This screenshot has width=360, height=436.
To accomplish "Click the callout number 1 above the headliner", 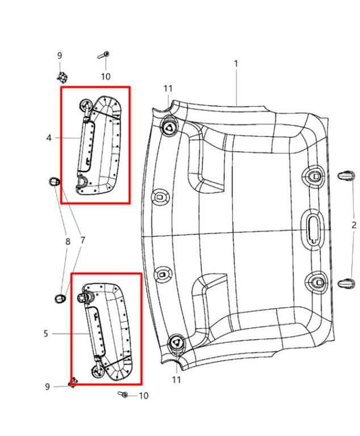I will (x=236, y=63).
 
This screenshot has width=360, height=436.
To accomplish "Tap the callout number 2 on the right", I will (x=353, y=225).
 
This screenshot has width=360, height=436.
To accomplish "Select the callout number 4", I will (x=49, y=138).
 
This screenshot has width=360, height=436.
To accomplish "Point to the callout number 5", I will (x=46, y=333).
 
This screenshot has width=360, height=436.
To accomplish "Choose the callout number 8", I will (x=67, y=241).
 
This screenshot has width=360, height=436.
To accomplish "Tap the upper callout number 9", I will (x=59, y=55).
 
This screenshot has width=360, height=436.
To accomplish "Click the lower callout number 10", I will (x=143, y=396).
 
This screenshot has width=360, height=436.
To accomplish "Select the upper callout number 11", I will (x=168, y=88).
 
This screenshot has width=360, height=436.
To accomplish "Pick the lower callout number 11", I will (x=176, y=381).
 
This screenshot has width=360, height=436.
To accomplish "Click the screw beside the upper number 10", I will (x=106, y=55).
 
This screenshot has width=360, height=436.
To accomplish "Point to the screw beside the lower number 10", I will (x=124, y=393).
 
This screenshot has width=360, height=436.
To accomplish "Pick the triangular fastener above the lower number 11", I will (x=175, y=342).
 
